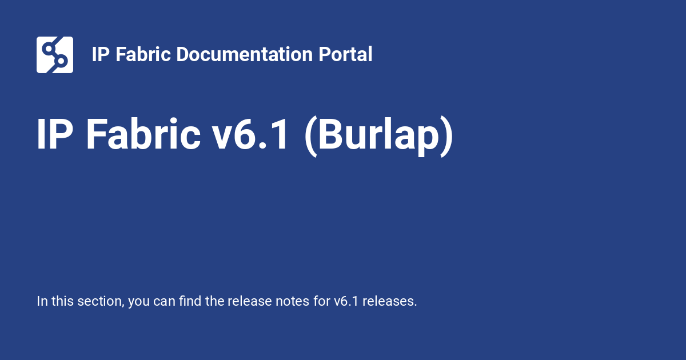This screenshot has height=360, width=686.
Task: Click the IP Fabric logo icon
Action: point(55,55)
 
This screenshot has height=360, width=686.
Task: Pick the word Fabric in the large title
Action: point(143,135)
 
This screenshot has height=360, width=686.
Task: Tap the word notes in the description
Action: point(290,301)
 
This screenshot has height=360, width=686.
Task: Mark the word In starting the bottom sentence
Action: point(42,301)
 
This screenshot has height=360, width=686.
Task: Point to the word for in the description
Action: point(321,301)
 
